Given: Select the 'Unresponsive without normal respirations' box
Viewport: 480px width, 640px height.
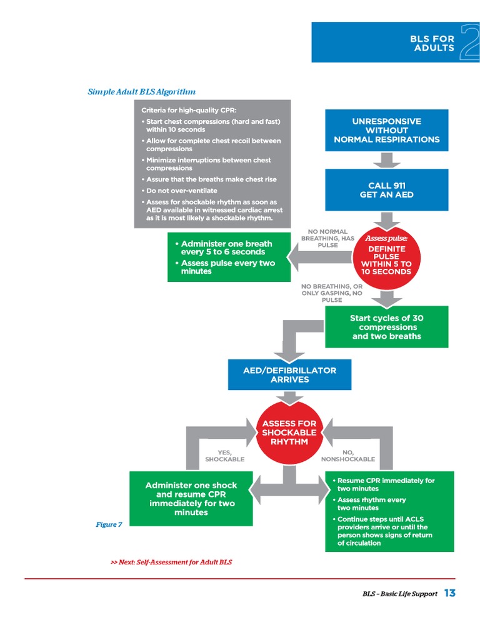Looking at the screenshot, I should tap(386, 130).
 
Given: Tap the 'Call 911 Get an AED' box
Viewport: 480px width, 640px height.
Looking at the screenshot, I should tap(386, 190).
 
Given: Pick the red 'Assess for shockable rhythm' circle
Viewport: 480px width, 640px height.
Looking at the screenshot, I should tap(289, 432).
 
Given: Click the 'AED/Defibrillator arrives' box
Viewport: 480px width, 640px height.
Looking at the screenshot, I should tap(289, 375).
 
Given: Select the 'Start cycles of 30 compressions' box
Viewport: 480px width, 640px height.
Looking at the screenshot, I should tap(386, 327).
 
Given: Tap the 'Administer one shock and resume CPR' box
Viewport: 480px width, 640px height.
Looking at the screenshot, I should tap(191, 499).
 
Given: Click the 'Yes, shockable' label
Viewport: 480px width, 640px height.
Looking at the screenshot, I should tap(224, 456).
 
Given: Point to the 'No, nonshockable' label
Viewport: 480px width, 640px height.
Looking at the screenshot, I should tap(347, 456).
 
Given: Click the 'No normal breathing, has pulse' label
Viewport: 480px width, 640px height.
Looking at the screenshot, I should tap(327, 238).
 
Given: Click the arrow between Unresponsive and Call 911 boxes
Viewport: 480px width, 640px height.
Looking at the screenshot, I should tap(386, 160).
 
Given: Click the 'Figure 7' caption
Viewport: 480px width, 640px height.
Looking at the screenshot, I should tap(109, 524).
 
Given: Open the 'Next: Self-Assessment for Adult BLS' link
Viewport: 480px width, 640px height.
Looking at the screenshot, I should tap(171, 562).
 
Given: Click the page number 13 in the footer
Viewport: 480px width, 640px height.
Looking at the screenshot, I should tap(449, 593).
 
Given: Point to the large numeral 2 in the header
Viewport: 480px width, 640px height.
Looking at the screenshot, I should tap(469, 42).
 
